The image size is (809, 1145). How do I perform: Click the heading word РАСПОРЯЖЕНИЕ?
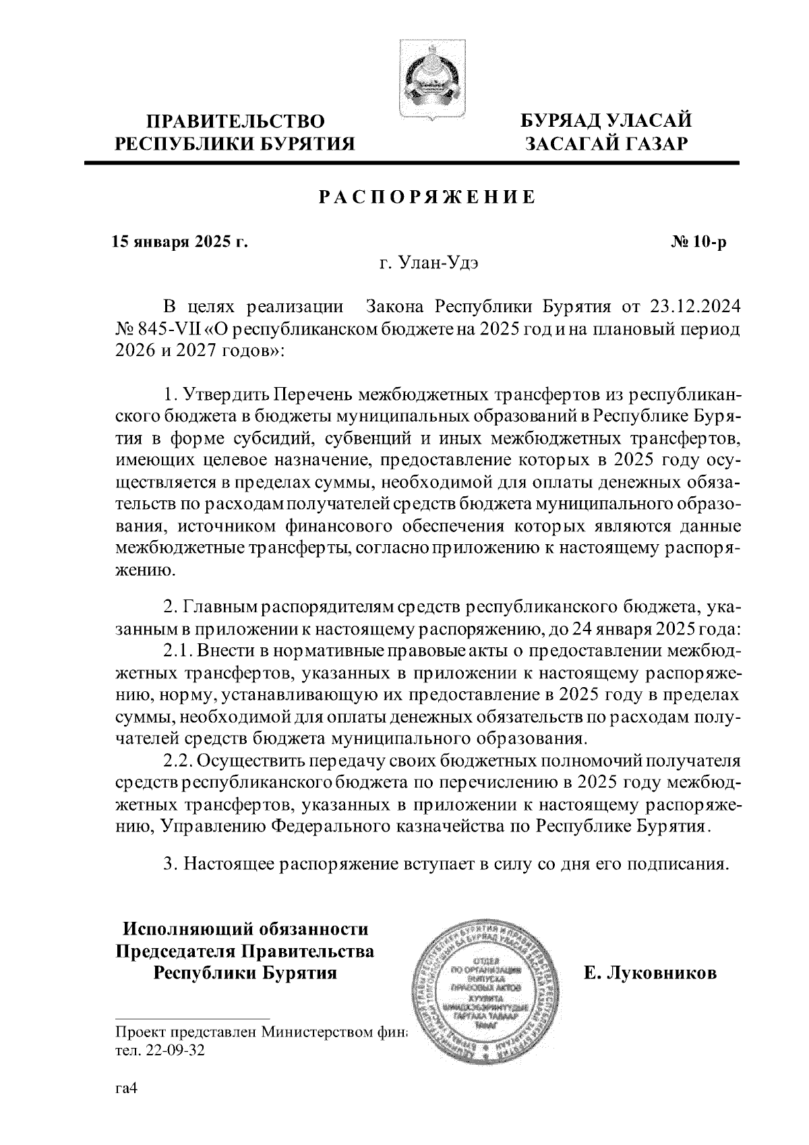[x=427, y=198]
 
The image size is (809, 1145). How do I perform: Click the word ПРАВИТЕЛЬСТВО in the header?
[x=236, y=121]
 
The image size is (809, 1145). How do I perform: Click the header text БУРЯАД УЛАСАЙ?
[x=605, y=121]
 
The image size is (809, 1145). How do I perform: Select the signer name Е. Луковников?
[x=650, y=973]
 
